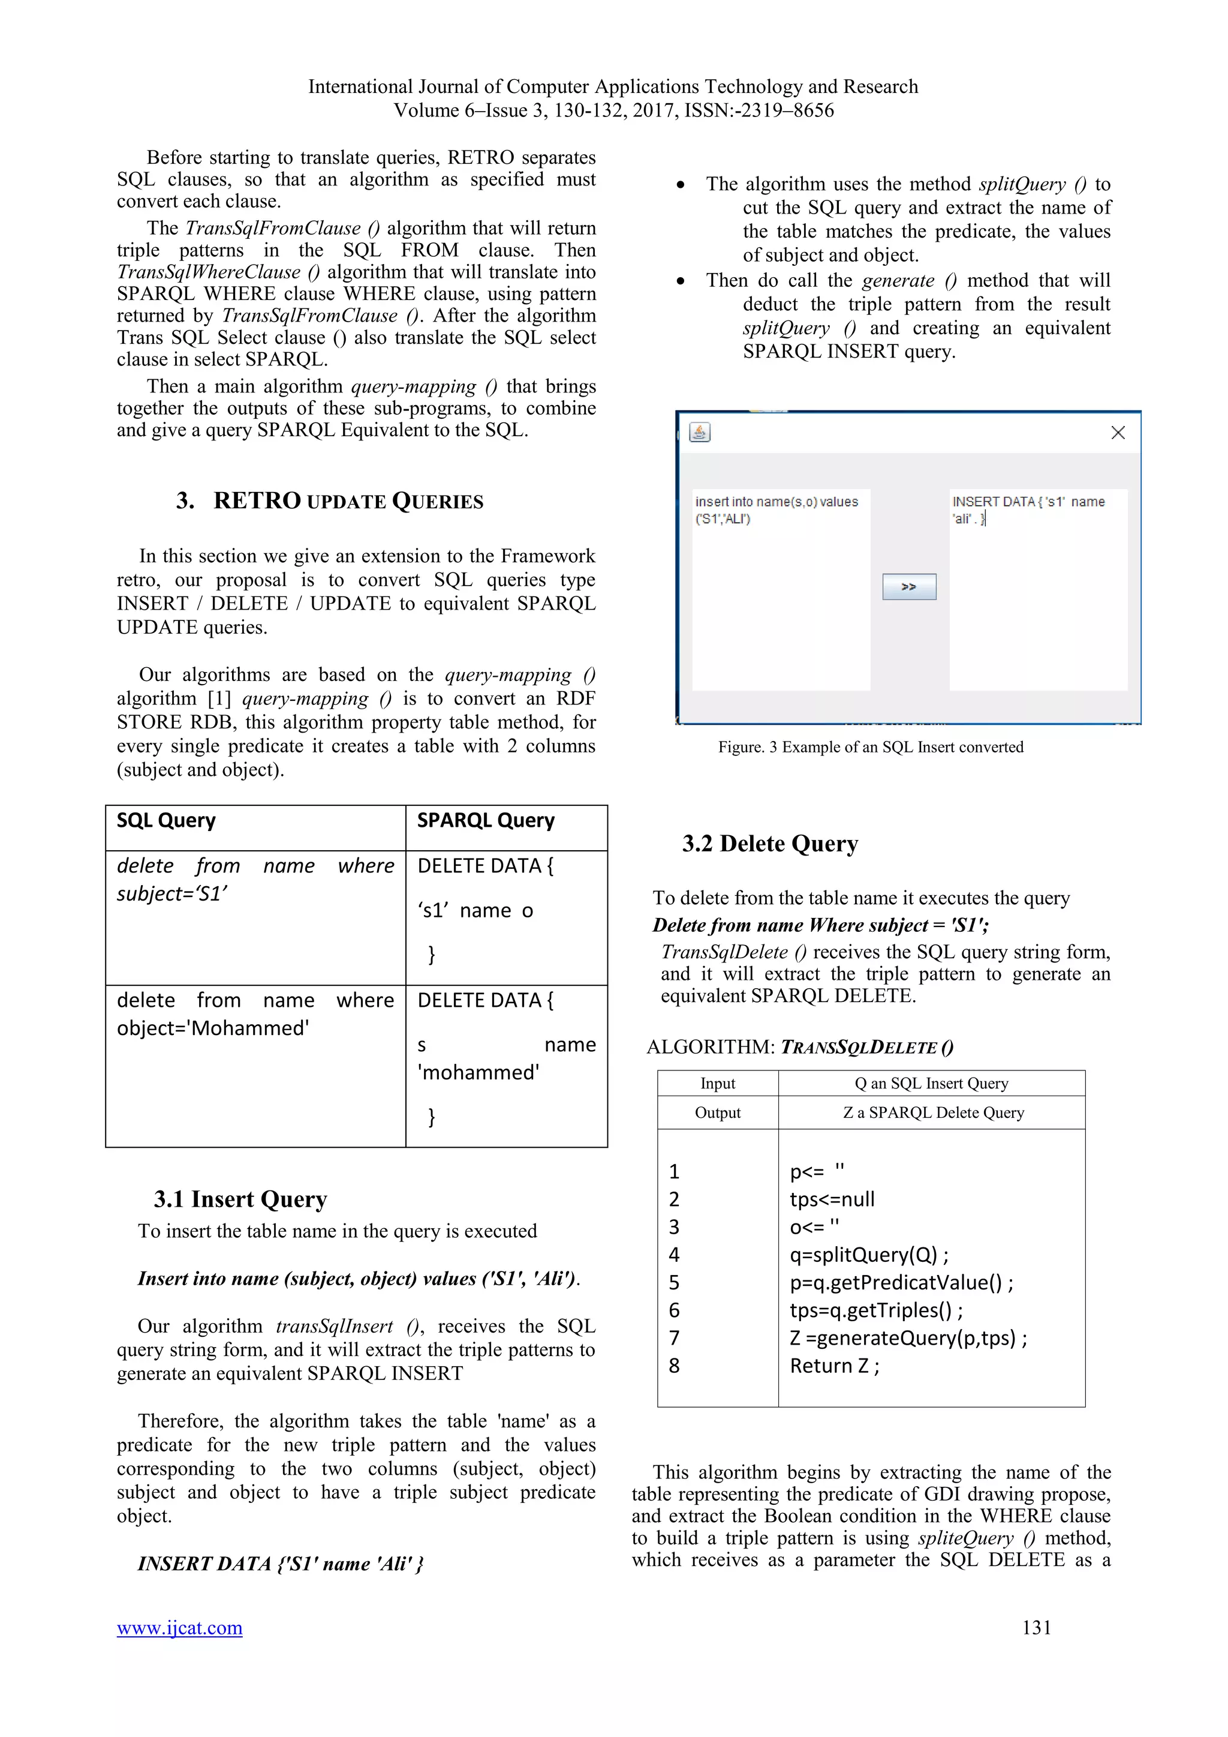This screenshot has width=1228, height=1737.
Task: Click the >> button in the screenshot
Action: click(908, 586)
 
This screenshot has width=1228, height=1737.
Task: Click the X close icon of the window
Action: click(1117, 432)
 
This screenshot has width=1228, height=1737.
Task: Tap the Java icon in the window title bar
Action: click(700, 432)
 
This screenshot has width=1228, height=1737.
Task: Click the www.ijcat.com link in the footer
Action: click(179, 1627)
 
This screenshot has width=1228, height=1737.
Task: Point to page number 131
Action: click(1036, 1627)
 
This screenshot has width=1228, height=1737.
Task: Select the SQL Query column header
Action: click(166, 820)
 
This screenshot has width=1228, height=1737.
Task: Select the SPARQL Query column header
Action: click(486, 820)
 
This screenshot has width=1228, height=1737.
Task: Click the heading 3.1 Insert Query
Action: click(240, 1199)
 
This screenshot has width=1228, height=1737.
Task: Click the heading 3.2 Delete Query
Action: click(770, 844)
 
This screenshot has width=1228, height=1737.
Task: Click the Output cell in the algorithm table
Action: click(718, 1112)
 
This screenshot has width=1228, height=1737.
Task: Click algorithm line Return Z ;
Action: click(835, 1366)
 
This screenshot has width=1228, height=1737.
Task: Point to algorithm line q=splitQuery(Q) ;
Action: click(869, 1255)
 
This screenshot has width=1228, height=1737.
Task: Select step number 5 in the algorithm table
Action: click(675, 1282)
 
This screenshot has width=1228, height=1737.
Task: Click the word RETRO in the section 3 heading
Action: click(257, 501)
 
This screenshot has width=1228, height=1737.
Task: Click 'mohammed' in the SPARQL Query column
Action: click(478, 1072)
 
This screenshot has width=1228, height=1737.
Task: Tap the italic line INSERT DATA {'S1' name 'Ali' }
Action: click(281, 1564)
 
